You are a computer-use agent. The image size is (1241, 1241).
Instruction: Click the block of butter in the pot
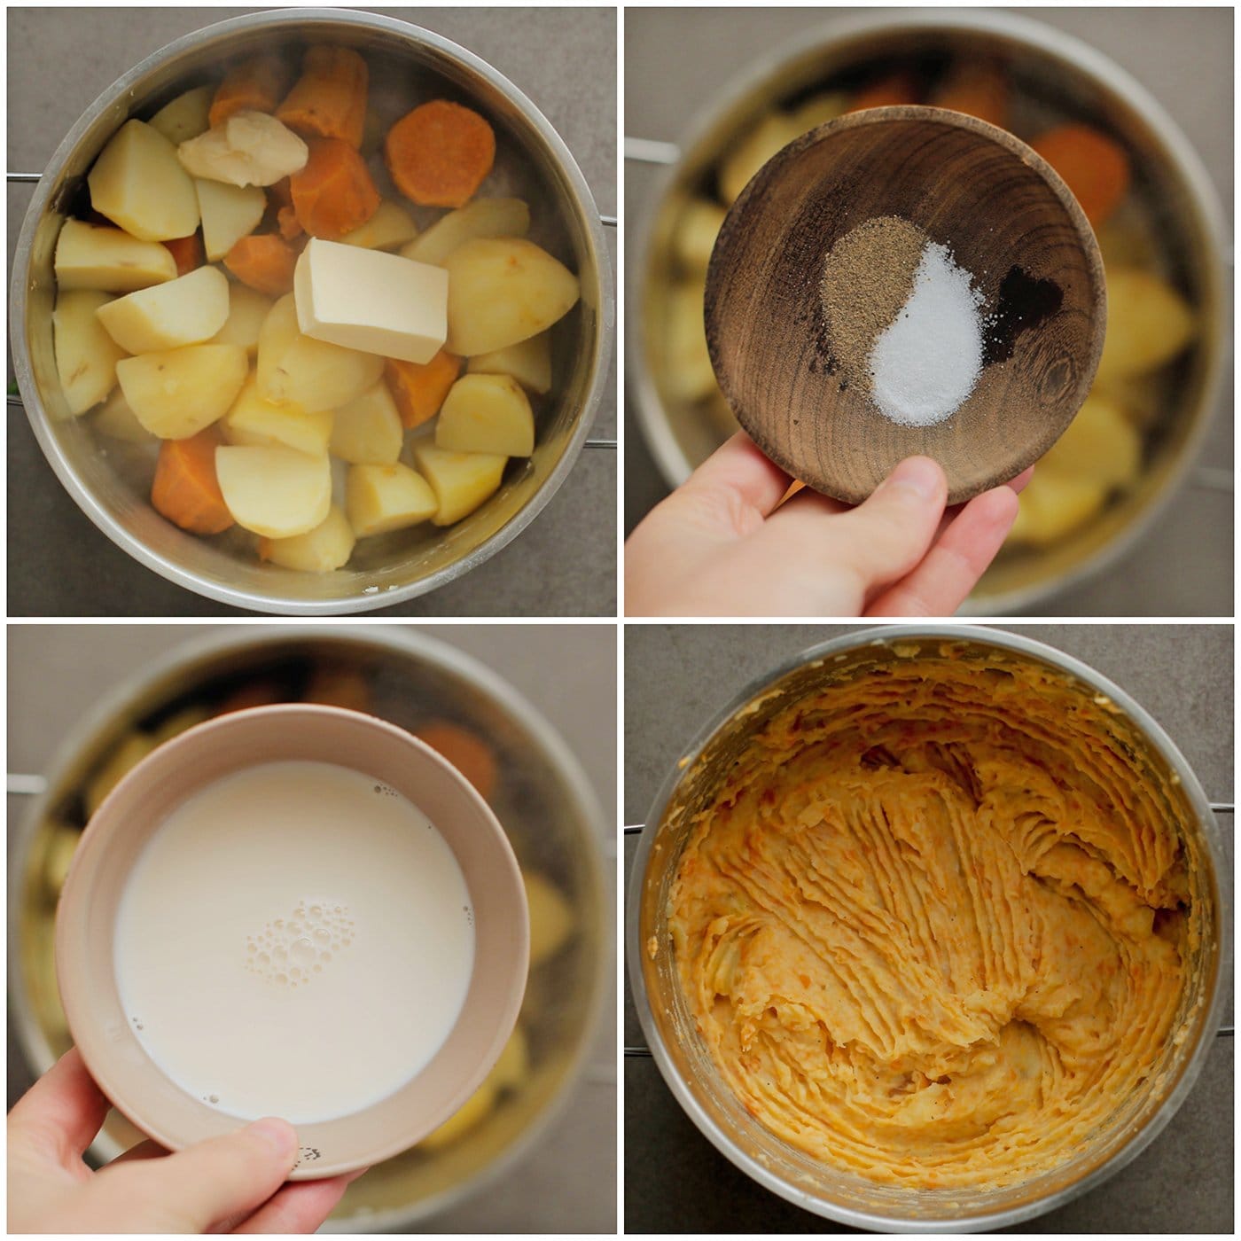click(371, 301)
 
